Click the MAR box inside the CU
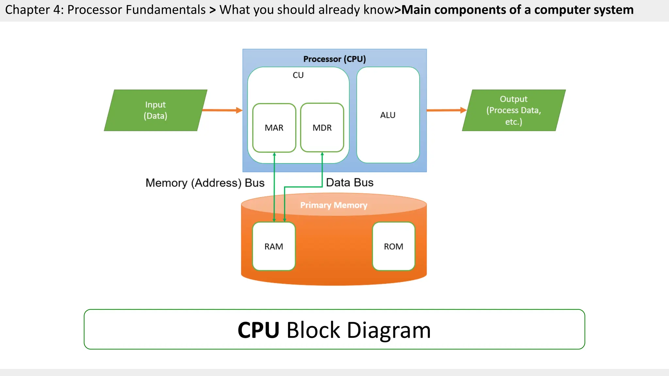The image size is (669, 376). (274, 128)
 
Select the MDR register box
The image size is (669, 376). (322, 128)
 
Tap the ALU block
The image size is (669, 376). (388, 115)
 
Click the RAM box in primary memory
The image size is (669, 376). (274, 246)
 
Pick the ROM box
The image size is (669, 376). (393, 246)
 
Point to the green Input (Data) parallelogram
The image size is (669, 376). (155, 110)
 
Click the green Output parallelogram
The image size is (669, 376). (514, 110)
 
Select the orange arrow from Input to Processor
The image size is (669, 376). (222, 110)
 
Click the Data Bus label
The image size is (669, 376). (350, 182)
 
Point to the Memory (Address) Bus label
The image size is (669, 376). (205, 183)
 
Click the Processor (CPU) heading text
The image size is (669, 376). (334, 59)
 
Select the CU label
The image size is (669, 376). (298, 75)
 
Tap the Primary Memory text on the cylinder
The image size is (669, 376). (334, 205)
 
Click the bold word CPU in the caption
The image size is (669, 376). (258, 330)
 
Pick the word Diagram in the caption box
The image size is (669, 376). (389, 330)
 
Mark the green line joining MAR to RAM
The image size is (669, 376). (274, 186)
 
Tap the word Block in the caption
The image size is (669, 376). (313, 330)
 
